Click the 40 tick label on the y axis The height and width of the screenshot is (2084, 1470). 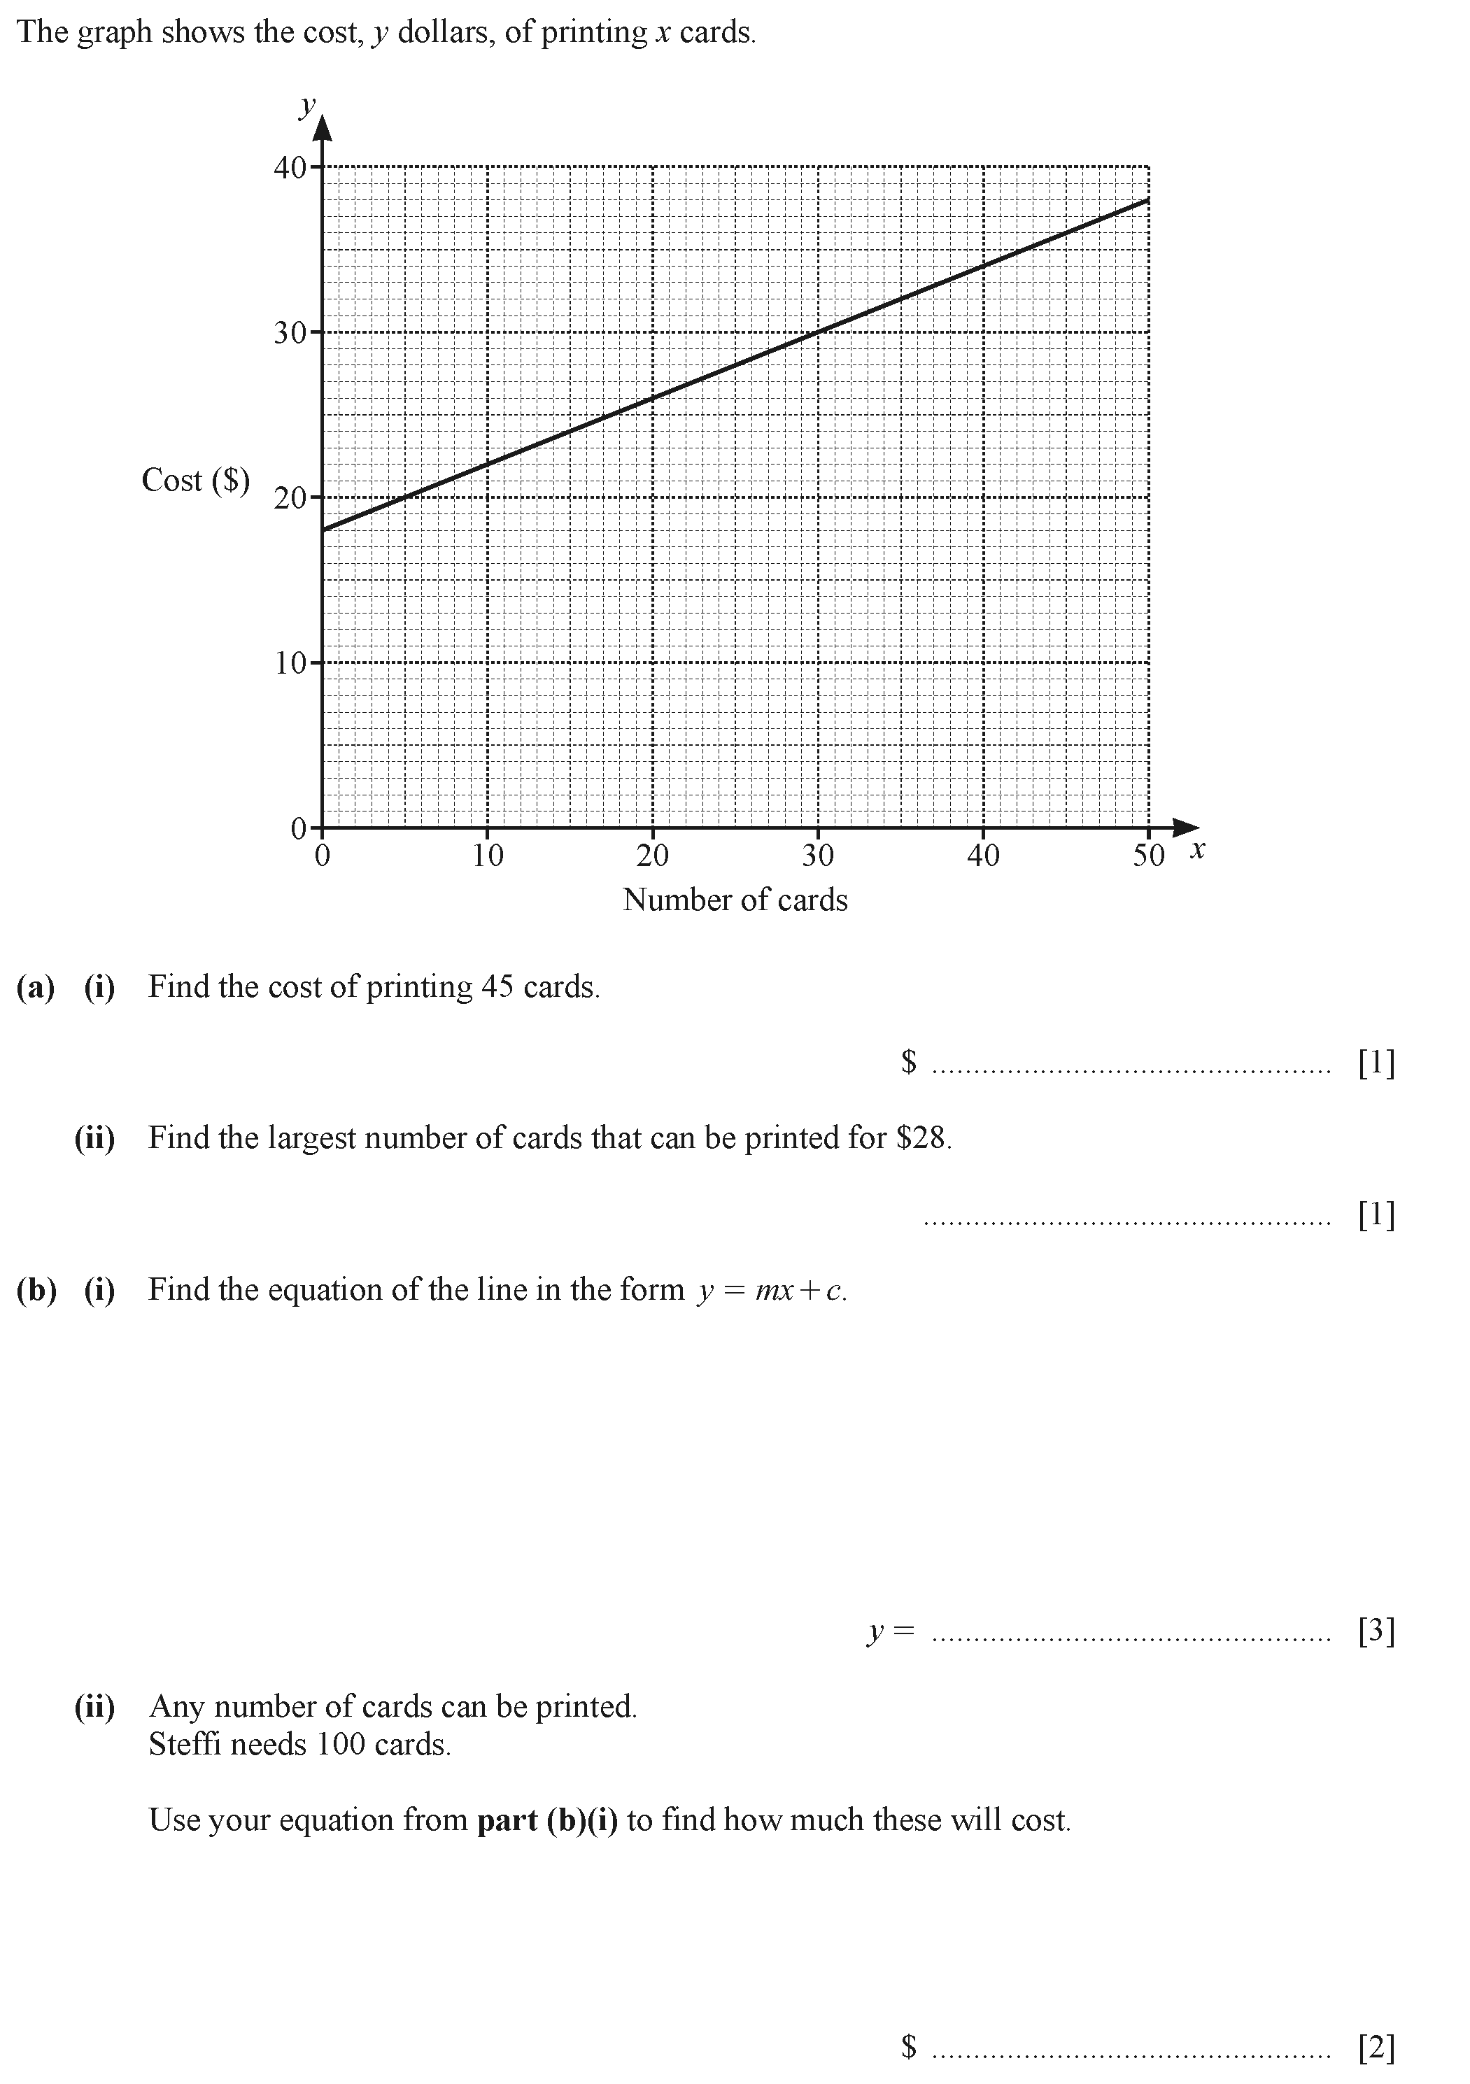pyautogui.click(x=290, y=168)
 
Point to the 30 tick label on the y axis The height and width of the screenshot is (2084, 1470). pyautogui.click(x=290, y=333)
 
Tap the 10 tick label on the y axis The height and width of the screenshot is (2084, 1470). pyautogui.click(x=290, y=663)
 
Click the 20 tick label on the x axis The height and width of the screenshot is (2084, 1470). pyautogui.click(x=652, y=855)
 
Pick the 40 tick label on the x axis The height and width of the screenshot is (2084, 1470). pyautogui.click(x=982, y=855)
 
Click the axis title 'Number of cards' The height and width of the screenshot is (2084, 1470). pyautogui.click(x=735, y=900)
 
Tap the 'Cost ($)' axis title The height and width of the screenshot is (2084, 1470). pyautogui.click(x=195, y=480)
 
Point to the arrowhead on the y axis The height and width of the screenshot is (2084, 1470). pyautogui.click(x=323, y=127)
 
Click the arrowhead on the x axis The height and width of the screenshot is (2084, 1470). pyautogui.click(x=1185, y=827)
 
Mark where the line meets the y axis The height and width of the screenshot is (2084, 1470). pyautogui.click(x=323, y=529)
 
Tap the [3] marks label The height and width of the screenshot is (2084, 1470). pyautogui.click(x=1376, y=1631)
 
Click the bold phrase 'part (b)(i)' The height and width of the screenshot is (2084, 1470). pyautogui.click(x=546, y=1820)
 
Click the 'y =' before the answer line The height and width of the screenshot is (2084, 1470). pyautogui.click(x=890, y=1631)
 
